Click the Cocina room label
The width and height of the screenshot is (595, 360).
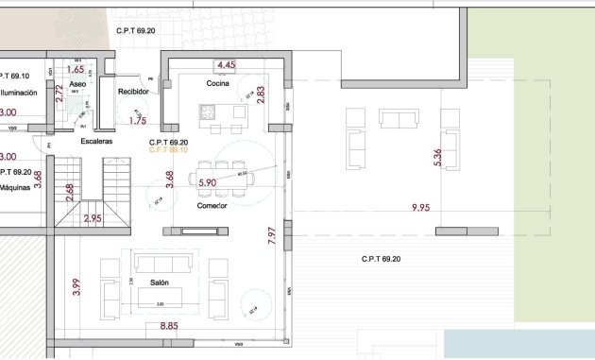[x=220, y=84]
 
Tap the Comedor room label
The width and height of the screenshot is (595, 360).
[x=212, y=205]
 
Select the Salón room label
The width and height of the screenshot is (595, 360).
[x=160, y=282]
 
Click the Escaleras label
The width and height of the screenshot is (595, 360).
[x=96, y=142]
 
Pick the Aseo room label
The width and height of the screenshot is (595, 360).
[x=78, y=84]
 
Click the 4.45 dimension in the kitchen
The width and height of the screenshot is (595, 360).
[x=226, y=65]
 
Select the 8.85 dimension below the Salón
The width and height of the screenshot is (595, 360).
[x=168, y=326]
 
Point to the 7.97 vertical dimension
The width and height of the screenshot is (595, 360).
[x=272, y=235]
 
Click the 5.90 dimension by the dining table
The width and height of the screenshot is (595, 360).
[x=208, y=182]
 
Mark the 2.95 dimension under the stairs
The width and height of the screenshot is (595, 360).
[x=93, y=218]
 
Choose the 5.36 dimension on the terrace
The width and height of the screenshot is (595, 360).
[x=436, y=158]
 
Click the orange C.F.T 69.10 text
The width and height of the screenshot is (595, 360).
[x=169, y=150]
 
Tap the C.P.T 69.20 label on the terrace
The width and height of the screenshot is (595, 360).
[x=381, y=259]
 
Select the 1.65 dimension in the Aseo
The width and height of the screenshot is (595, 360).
[x=76, y=69]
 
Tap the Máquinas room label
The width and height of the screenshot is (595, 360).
[x=18, y=187]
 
